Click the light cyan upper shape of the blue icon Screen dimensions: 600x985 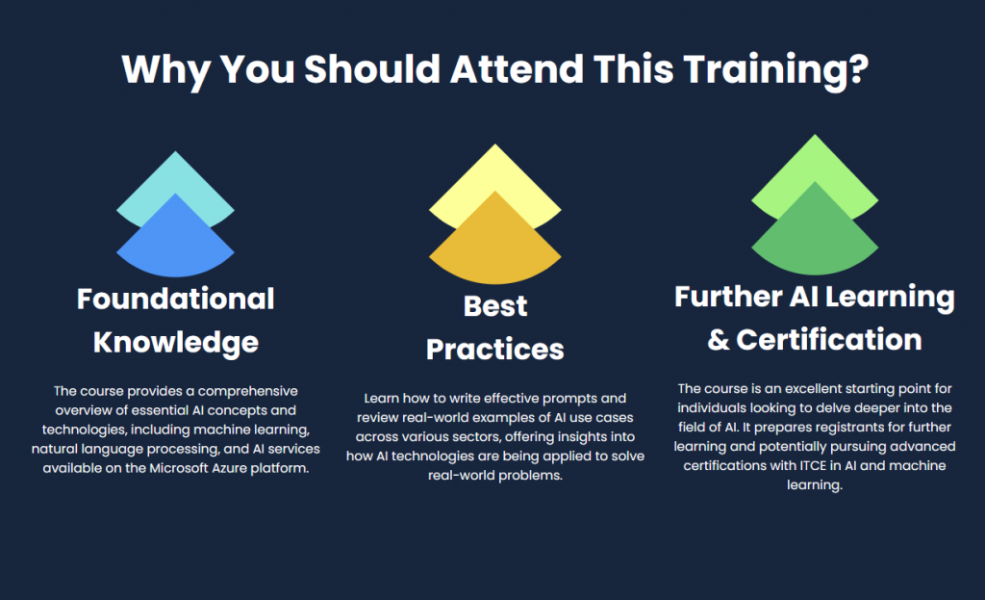[175, 178]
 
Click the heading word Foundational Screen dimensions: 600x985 [175, 299]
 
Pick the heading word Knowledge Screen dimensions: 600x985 [175, 342]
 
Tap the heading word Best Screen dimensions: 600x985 [494, 306]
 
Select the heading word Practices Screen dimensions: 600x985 [494, 349]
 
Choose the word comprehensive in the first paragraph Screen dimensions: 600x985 [254, 391]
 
